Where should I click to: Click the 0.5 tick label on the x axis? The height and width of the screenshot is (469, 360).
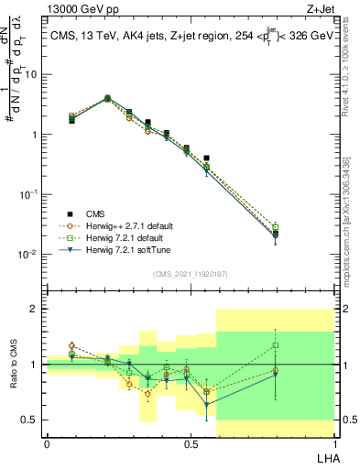coord(191,442)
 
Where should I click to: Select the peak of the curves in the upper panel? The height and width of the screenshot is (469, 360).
coord(107,97)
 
